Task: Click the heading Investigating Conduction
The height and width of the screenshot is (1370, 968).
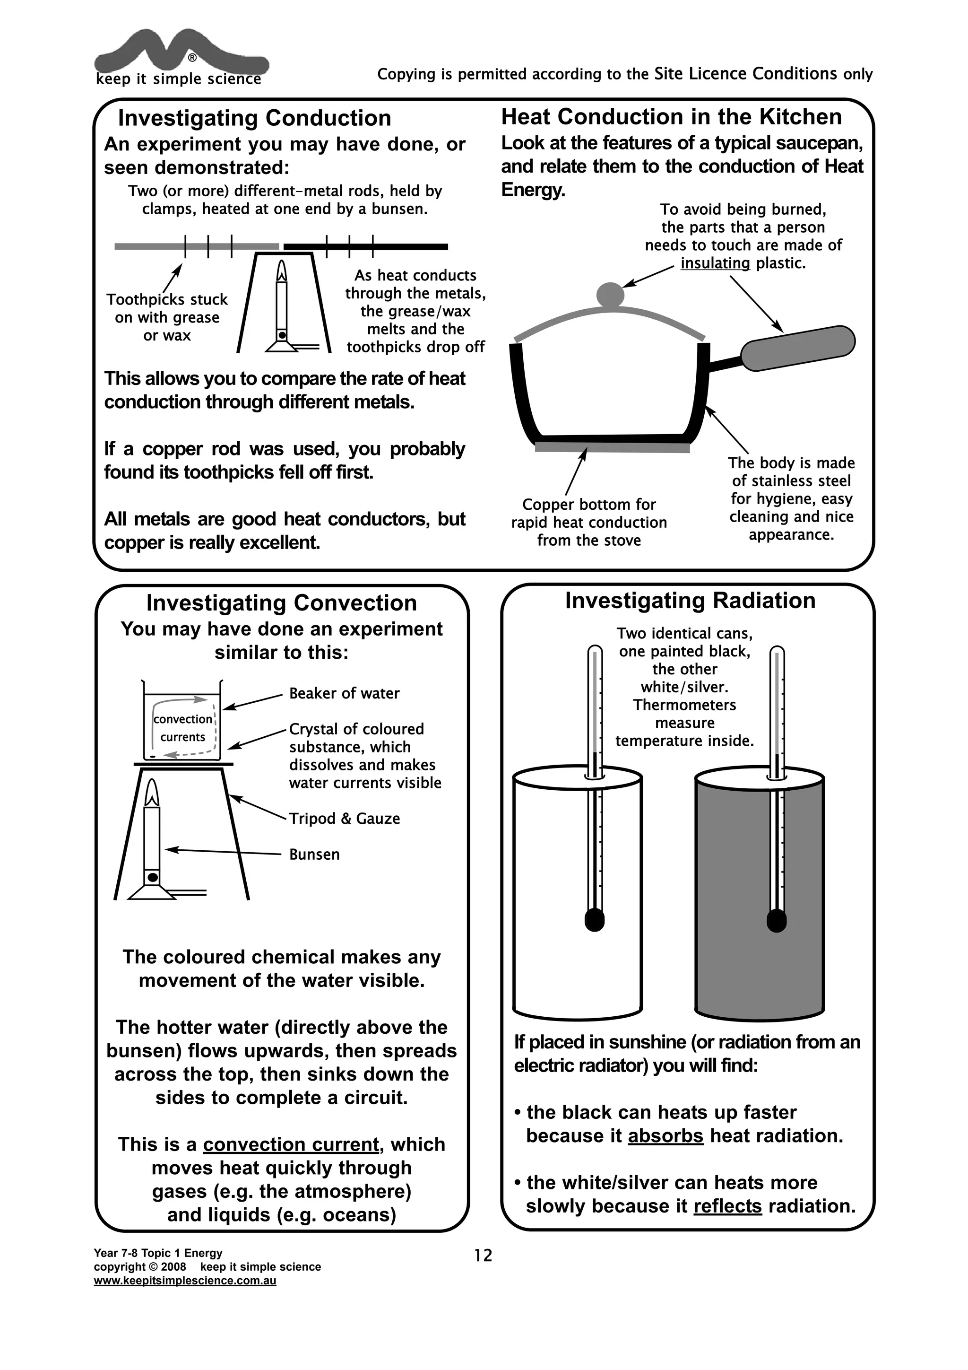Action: [x=255, y=118]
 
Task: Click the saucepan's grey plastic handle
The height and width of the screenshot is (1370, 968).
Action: [x=797, y=348]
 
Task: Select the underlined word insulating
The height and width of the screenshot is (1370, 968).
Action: [x=715, y=263]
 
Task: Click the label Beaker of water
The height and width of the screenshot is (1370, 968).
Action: [x=344, y=693]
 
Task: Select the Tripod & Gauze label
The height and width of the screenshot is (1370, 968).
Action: [x=344, y=819]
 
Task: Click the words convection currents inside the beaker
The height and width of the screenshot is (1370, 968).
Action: [x=182, y=728]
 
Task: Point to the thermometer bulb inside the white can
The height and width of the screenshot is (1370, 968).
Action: [x=594, y=919]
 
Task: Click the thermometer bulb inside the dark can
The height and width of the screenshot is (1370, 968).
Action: [x=776, y=919]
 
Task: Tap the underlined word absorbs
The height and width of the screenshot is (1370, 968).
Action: [x=665, y=1135]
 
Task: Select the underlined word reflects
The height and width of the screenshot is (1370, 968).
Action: [x=727, y=1206]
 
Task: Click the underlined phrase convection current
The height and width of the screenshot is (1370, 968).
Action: [x=291, y=1144]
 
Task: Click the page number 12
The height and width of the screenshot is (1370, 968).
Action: [x=483, y=1256]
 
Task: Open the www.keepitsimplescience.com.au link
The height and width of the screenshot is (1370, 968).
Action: [x=185, y=1281]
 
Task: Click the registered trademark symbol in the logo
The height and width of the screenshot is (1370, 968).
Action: [x=192, y=58]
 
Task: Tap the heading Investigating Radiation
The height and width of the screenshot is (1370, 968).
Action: [x=690, y=600]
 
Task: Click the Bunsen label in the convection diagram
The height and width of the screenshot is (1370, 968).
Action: [x=314, y=855]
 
